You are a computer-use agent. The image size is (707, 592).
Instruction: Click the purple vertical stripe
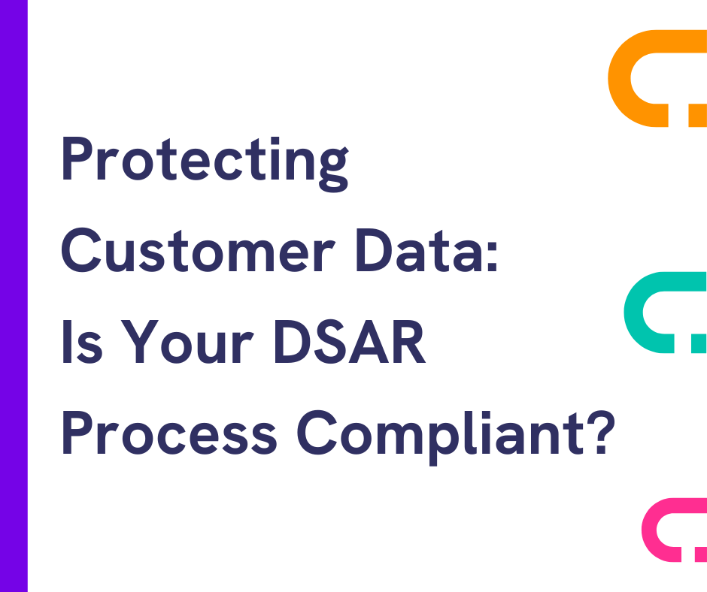14,296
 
